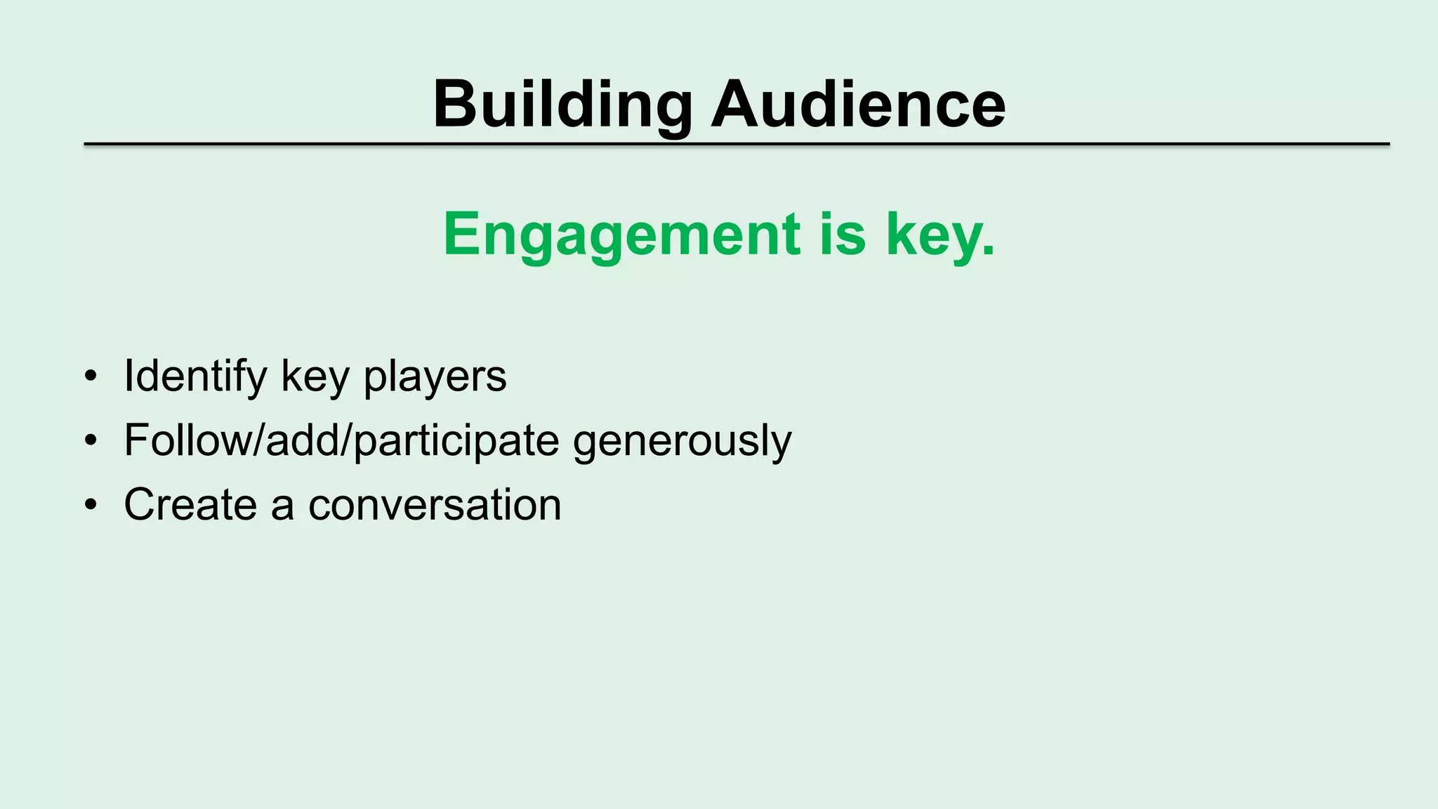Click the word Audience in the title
[858, 105]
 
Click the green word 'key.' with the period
[941, 235]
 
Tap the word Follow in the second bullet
[185, 440]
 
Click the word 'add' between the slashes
[303, 440]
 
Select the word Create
[190, 504]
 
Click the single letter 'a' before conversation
[282, 507]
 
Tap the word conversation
[435, 505]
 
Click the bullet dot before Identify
[90, 377]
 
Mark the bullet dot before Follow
[90, 441]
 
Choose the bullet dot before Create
[90, 505]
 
